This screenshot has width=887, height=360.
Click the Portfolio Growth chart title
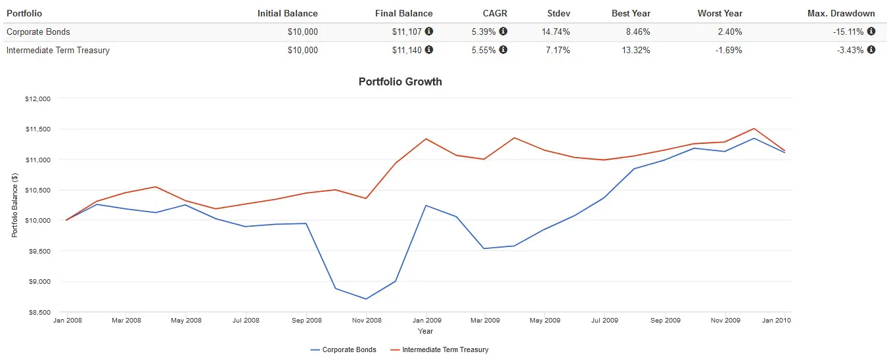[400, 82]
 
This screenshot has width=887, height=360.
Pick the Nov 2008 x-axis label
[366, 321]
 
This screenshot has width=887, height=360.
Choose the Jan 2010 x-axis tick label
[777, 321]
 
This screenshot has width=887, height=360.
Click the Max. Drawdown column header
[841, 13]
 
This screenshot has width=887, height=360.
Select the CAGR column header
[494, 13]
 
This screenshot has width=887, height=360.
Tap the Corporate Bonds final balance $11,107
[403, 32]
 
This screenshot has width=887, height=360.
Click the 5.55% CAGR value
[484, 50]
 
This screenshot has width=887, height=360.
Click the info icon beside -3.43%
[871, 50]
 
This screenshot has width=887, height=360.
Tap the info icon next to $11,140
[429, 50]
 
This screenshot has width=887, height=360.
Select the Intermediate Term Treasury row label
[58, 50]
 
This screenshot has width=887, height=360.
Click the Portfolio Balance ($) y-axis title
[14, 206]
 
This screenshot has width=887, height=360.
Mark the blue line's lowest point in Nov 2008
[366, 299]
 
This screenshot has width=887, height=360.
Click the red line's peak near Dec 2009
[754, 129]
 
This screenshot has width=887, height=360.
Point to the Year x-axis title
[425, 331]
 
